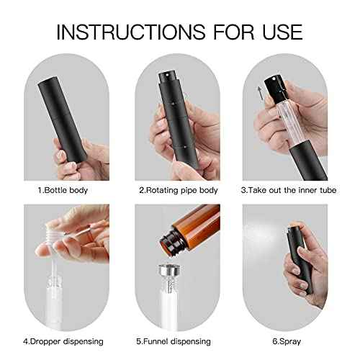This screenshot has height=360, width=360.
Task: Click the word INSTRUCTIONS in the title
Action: point(131,32)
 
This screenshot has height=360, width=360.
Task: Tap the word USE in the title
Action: point(282,32)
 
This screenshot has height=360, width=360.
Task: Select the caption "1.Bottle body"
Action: point(63,190)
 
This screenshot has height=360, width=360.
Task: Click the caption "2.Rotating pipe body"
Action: point(179,190)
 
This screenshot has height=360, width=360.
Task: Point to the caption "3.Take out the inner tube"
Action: point(289,190)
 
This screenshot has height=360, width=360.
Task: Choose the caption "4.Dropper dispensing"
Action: point(63,341)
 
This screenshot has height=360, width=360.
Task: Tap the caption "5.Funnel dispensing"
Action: point(174,341)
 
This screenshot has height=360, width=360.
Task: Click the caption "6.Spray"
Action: point(287,341)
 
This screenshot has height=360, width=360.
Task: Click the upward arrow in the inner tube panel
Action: point(260,94)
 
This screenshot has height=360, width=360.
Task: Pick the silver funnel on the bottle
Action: point(170,271)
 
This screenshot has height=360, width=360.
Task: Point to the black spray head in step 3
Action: point(274,89)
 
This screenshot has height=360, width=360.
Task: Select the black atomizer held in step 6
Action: point(300,259)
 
